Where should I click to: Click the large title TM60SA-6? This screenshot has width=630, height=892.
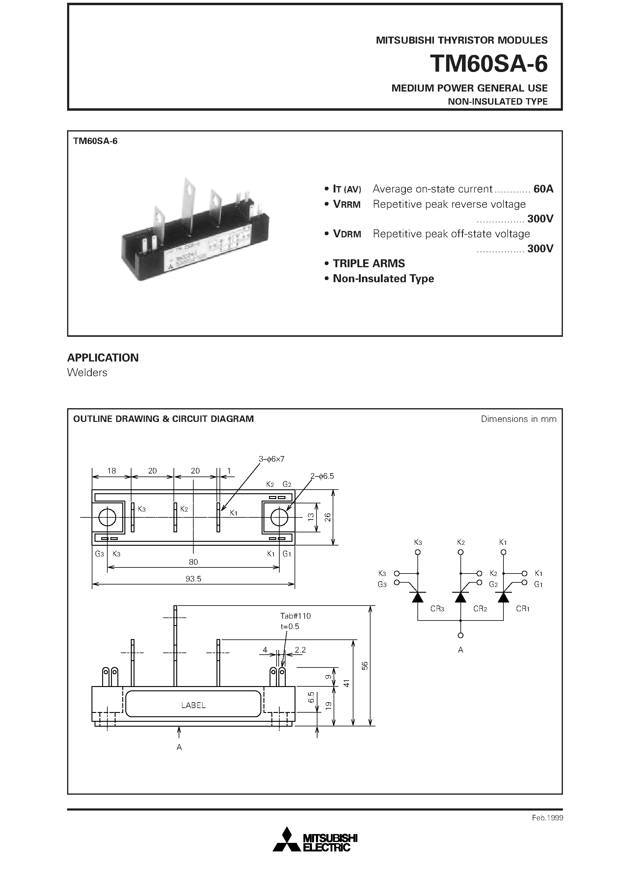pos(489,64)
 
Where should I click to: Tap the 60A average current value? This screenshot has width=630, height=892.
pos(543,189)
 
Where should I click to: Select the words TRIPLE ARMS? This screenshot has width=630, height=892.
pos(369,263)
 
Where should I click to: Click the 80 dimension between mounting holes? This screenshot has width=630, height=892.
pos(193,562)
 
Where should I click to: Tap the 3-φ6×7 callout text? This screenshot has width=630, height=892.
pos(271,459)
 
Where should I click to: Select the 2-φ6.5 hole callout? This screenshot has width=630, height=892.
pos(322,476)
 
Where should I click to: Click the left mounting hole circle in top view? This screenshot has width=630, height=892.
pos(107,517)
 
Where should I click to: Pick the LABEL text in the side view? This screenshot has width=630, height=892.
pos(193,705)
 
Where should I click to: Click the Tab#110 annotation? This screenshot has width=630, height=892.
pos(295,616)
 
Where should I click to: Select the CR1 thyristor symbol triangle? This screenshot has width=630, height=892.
pos(503,598)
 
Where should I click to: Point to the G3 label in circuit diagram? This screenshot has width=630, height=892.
pos(382,584)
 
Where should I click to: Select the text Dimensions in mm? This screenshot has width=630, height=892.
pos(518,419)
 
